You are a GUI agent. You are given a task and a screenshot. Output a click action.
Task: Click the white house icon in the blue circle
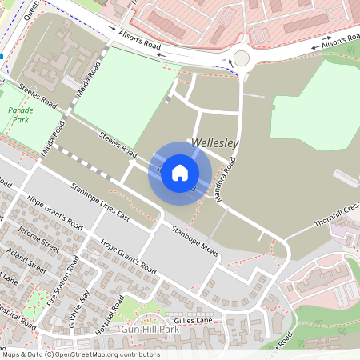[x=180, y=173]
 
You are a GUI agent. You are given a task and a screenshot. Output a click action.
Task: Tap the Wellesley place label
[x=215, y=143]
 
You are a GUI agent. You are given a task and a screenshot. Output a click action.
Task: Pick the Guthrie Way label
[x=86, y=305]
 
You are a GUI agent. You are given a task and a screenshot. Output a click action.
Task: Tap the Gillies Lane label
[x=194, y=319]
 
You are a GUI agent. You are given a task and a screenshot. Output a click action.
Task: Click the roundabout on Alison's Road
[x=241, y=58]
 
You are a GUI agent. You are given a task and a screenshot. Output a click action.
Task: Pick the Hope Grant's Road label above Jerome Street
[x=54, y=212]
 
